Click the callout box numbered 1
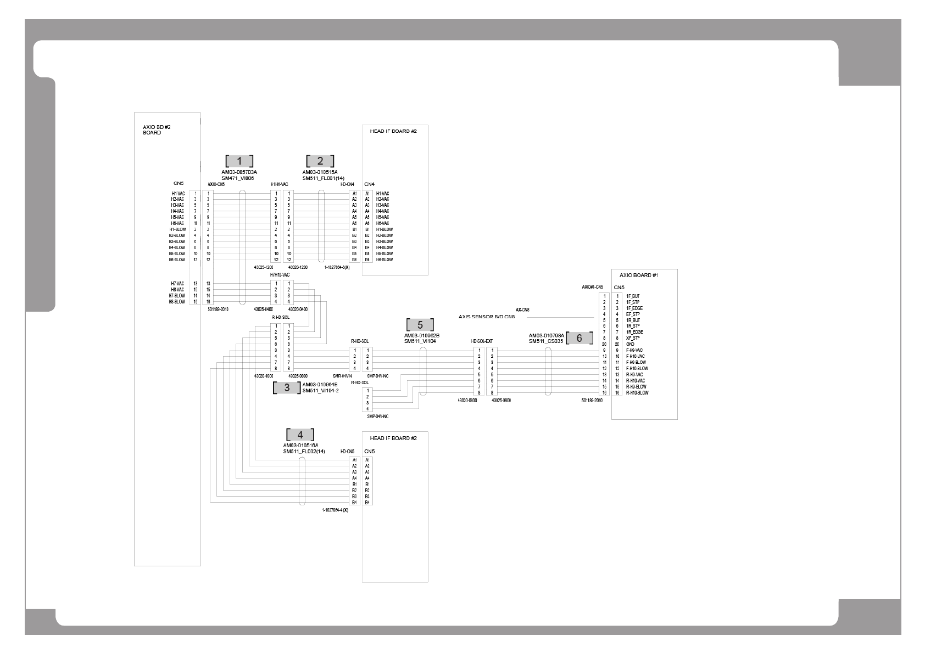point(239,161)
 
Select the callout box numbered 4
point(300,435)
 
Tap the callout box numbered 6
point(579,339)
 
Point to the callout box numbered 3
point(287,388)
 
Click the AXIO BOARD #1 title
point(638,275)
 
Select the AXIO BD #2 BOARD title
point(153,130)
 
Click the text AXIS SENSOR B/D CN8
point(487,317)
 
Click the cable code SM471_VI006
point(238,178)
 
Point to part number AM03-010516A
point(300,446)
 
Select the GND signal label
point(630,344)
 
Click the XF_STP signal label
point(632,338)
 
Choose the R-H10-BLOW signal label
point(637,393)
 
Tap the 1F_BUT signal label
point(632,296)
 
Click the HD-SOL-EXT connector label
point(482,341)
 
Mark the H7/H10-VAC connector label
point(279,274)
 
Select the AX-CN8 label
point(522,310)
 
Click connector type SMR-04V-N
point(342,376)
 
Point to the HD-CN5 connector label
point(347,452)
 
